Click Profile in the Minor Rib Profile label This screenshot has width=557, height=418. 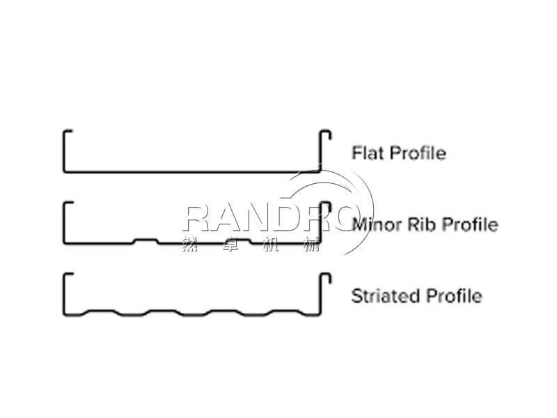click(x=471, y=224)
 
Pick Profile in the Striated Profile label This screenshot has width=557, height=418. click(x=453, y=295)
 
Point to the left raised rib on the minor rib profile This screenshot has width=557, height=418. click(x=146, y=240)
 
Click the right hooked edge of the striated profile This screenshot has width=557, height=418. click(x=322, y=291)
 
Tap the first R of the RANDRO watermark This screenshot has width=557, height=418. click(x=196, y=218)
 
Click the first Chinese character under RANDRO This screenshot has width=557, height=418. click(x=189, y=245)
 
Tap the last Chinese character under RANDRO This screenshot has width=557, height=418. click(x=311, y=245)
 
